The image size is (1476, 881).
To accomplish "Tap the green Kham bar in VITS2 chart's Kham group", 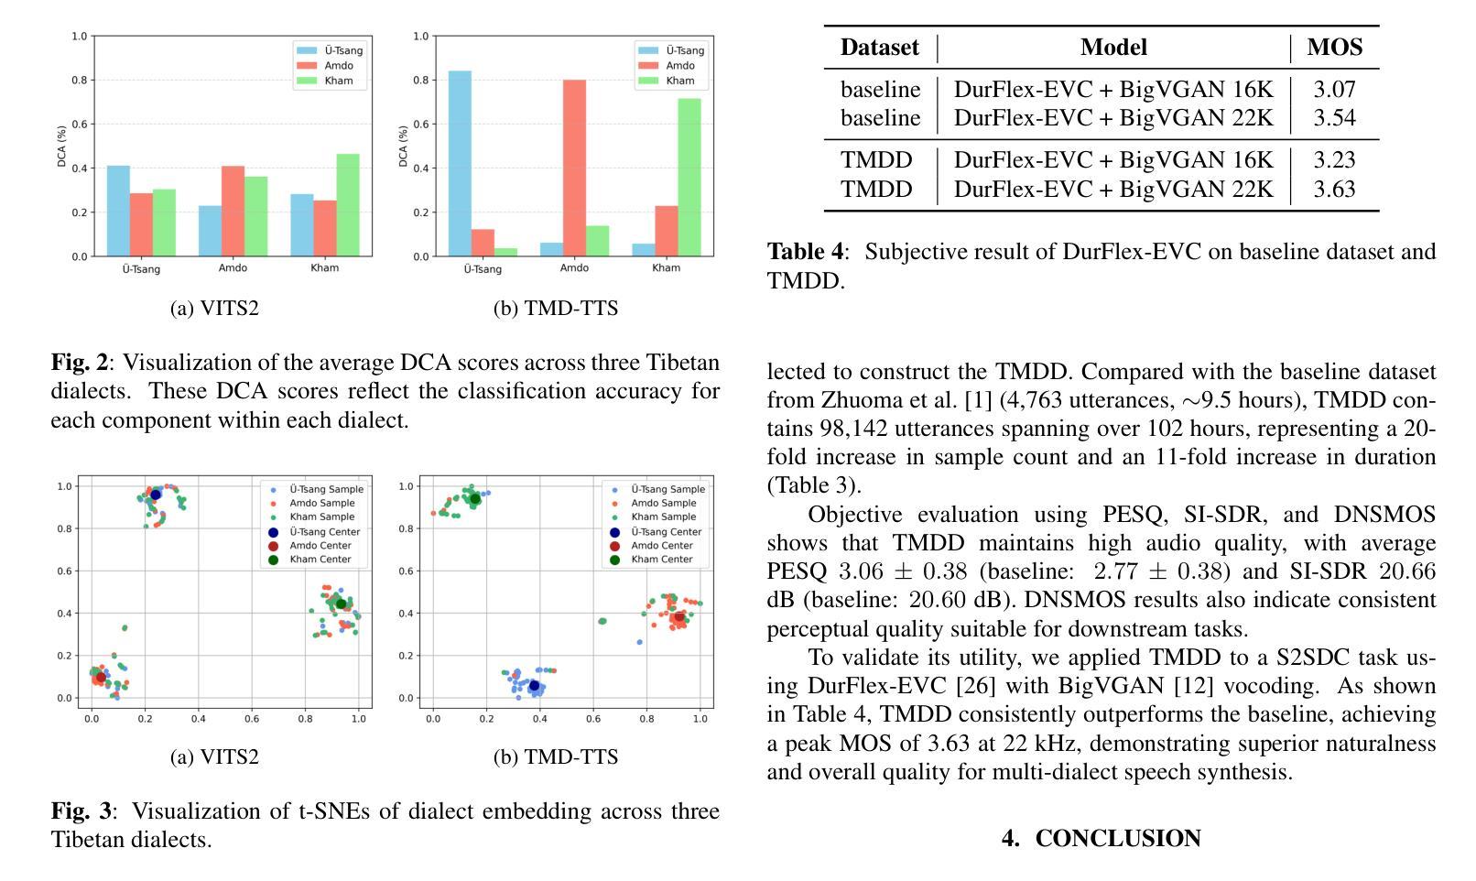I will (x=347, y=205).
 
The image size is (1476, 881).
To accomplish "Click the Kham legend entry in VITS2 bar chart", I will (x=338, y=81).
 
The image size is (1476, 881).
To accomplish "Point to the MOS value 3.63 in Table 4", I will (x=1334, y=190).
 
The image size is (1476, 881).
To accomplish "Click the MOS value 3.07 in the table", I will (x=1334, y=90).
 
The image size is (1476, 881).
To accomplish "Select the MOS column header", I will (x=1334, y=48).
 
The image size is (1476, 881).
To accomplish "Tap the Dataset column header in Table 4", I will (x=879, y=48).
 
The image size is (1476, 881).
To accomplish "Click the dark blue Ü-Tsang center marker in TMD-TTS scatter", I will (x=535, y=686).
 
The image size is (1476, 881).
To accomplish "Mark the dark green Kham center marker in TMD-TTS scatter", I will (x=475, y=499).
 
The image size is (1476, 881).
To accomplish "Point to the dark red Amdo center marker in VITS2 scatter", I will (x=101, y=678).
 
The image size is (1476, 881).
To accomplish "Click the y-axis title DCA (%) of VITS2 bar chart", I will (x=62, y=147).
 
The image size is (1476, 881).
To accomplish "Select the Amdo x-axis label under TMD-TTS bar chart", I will (x=574, y=268).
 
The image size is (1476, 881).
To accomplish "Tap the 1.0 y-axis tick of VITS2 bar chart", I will (x=79, y=37).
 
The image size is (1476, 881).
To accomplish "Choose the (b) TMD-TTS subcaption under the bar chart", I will (x=556, y=309).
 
